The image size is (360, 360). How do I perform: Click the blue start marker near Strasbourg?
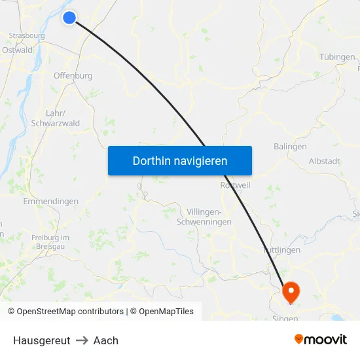[x=69, y=18]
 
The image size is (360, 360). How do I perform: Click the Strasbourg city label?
[x=26, y=36]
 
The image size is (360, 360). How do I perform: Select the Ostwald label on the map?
[x=17, y=50]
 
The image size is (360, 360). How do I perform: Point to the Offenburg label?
[x=73, y=75]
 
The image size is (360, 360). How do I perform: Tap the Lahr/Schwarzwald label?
[x=55, y=118]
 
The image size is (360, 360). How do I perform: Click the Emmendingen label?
[x=50, y=202]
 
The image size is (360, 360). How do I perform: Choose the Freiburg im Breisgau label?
[x=50, y=242]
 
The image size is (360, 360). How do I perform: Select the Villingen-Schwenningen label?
[x=204, y=217]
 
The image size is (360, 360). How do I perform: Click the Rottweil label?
[x=236, y=186]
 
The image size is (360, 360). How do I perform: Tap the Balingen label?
[x=290, y=147]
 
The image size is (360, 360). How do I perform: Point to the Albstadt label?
[x=324, y=161]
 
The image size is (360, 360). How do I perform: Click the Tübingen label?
[x=337, y=57]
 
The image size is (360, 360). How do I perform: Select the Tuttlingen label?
[x=281, y=250]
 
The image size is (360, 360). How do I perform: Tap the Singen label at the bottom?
[x=285, y=319]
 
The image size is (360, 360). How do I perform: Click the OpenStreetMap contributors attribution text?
[x=70, y=312]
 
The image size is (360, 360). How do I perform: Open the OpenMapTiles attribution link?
[x=166, y=312]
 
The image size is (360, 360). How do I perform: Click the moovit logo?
[x=321, y=339]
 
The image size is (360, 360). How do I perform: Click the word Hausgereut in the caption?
[x=42, y=340]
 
